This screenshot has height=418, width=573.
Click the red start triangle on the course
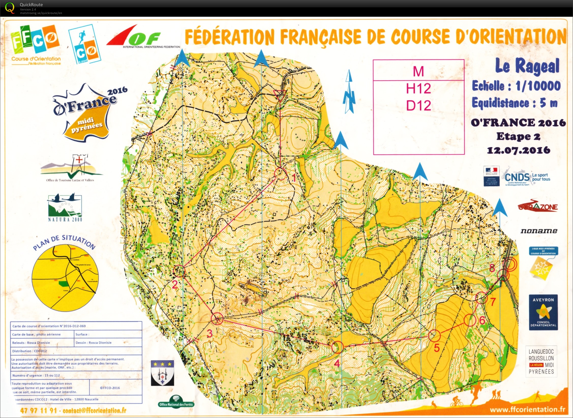(x=280, y=95)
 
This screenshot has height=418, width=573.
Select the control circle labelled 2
(x=179, y=271)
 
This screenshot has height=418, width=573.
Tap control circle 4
(x=338, y=347)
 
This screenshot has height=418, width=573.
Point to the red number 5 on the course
(x=437, y=348)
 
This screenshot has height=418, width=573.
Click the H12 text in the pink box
(x=418, y=89)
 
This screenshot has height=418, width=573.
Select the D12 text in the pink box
(x=418, y=105)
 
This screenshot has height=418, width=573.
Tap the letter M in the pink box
(x=418, y=71)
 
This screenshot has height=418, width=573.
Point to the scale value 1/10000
(x=538, y=86)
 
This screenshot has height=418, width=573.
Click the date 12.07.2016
(x=519, y=150)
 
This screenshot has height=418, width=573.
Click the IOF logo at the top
(x=137, y=37)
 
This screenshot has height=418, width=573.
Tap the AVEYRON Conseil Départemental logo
(x=543, y=312)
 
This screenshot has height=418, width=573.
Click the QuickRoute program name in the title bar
(x=31, y=5)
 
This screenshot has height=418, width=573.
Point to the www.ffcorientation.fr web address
(x=527, y=410)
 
